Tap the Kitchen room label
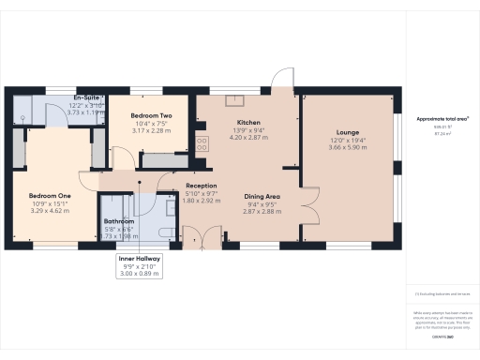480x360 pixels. click(248, 123)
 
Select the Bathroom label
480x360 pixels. click(118, 221)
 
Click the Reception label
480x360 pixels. click(202, 186)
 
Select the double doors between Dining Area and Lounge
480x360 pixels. click(305, 202)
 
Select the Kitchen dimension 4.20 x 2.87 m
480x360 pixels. click(248, 137)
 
